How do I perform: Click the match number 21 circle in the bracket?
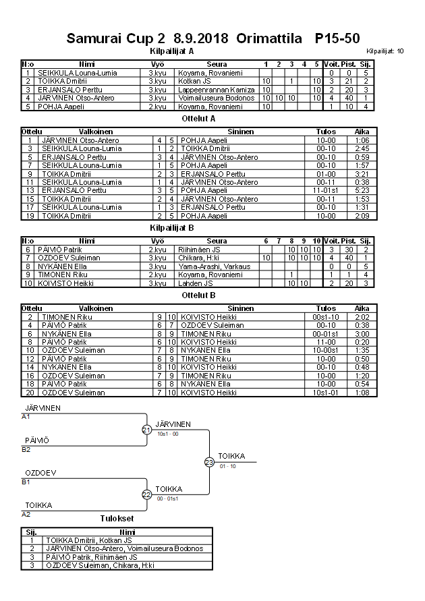(x=146, y=430)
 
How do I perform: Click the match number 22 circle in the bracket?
(x=146, y=494)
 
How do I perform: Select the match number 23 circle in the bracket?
(x=209, y=462)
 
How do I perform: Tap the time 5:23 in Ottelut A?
(x=362, y=191)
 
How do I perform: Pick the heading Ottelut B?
(x=199, y=295)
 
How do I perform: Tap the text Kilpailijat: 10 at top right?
(x=385, y=51)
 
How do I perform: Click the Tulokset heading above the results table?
(x=117, y=519)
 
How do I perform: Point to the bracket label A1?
(x=26, y=417)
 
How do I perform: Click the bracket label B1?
(x=26, y=482)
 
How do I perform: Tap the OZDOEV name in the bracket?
(x=40, y=473)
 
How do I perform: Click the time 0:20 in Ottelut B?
(x=362, y=342)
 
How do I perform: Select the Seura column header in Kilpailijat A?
(x=217, y=64)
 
